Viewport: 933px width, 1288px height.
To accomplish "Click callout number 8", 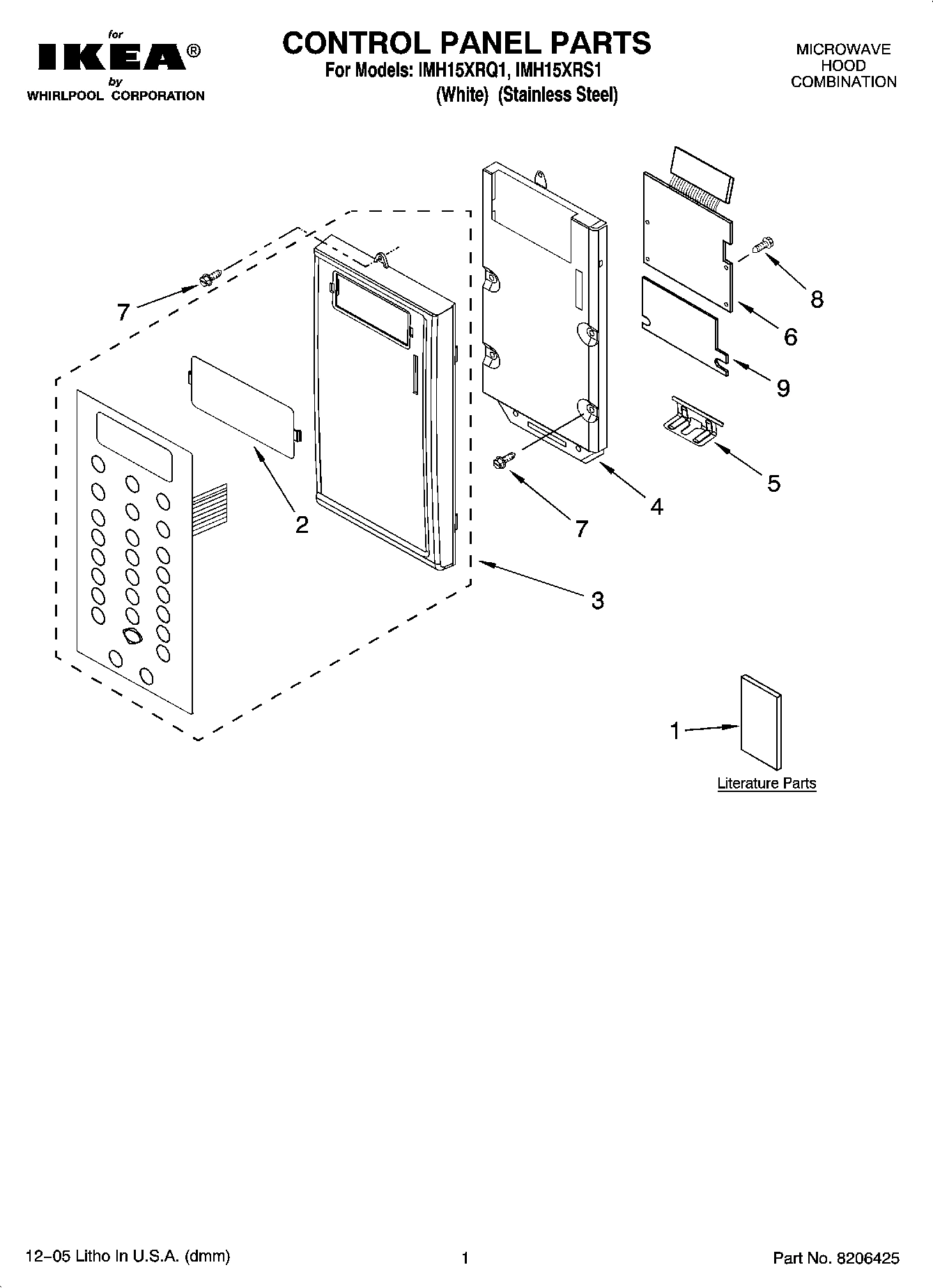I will (x=817, y=300).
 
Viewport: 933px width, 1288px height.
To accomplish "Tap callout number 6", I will (x=790, y=336).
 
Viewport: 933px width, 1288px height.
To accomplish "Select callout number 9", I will (x=783, y=387).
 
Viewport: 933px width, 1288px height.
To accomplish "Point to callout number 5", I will (x=773, y=483).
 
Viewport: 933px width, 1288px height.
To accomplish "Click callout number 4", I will (x=656, y=506).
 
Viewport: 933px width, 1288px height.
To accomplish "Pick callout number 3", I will (x=597, y=600).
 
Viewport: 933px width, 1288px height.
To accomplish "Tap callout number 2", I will (x=301, y=524).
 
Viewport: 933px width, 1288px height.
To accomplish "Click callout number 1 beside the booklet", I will (x=674, y=731).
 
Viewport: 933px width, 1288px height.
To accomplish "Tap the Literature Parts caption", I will (x=766, y=784).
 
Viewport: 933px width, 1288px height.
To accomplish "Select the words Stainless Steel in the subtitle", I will (x=558, y=95).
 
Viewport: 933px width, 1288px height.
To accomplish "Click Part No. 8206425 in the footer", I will (x=836, y=1258).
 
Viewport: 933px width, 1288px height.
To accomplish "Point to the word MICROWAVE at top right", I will (x=843, y=49).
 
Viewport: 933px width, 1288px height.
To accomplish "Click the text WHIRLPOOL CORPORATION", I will (x=115, y=96).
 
